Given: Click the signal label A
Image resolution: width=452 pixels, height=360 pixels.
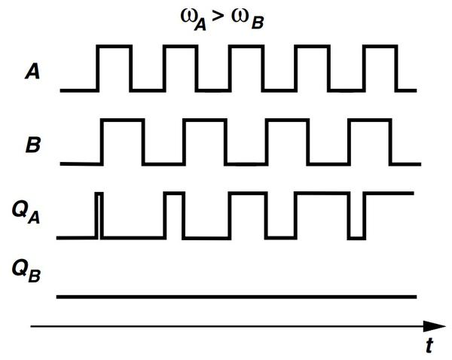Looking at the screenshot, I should pyautogui.click(x=32, y=73).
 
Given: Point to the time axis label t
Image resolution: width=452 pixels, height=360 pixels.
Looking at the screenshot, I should pyautogui.click(x=428, y=346).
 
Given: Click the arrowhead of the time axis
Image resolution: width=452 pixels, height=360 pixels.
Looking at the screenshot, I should pyautogui.click(x=435, y=326).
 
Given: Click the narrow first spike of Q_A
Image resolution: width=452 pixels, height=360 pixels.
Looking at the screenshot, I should pyautogui.click(x=99, y=215).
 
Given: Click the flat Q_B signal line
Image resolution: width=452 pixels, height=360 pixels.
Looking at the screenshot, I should pyautogui.click(x=237, y=297).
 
